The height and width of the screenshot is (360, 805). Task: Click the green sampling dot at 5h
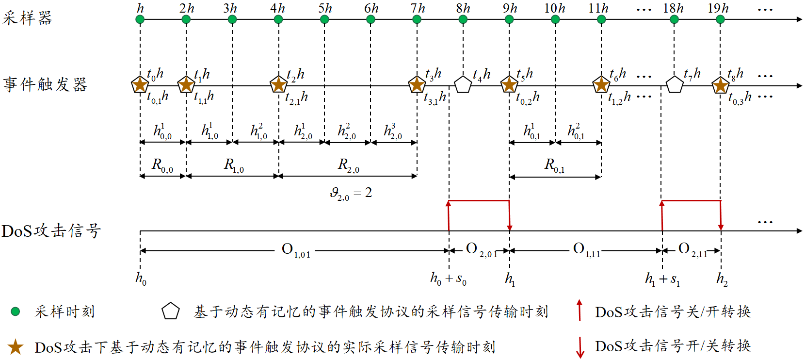click(x=324, y=19)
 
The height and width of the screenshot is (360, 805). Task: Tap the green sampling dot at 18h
click(x=674, y=19)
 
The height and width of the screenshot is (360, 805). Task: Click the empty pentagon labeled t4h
click(x=463, y=84)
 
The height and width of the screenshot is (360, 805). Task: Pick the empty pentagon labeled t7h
click(x=674, y=84)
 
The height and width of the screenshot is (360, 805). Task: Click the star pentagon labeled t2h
click(x=278, y=84)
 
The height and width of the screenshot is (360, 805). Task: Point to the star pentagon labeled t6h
click(x=601, y=84)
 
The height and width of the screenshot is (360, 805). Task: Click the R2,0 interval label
click(x=349, y=165)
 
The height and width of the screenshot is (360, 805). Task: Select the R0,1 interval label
click(x=554, y=165)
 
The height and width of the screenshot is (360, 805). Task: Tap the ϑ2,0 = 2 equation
click(x=351, y=194)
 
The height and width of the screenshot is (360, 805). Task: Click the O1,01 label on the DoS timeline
click(x=296, y=250)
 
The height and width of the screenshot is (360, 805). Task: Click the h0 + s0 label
click(x=448, y=278)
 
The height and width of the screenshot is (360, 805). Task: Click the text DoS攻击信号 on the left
click(x=51, y=231)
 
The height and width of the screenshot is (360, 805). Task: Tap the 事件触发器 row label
click(x=45, y=84)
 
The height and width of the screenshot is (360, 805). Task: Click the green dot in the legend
click(x=16, y=311)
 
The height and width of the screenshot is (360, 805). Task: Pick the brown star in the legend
click(x=16, y=347)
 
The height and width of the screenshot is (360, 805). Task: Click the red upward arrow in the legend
click(x=579, y=311)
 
